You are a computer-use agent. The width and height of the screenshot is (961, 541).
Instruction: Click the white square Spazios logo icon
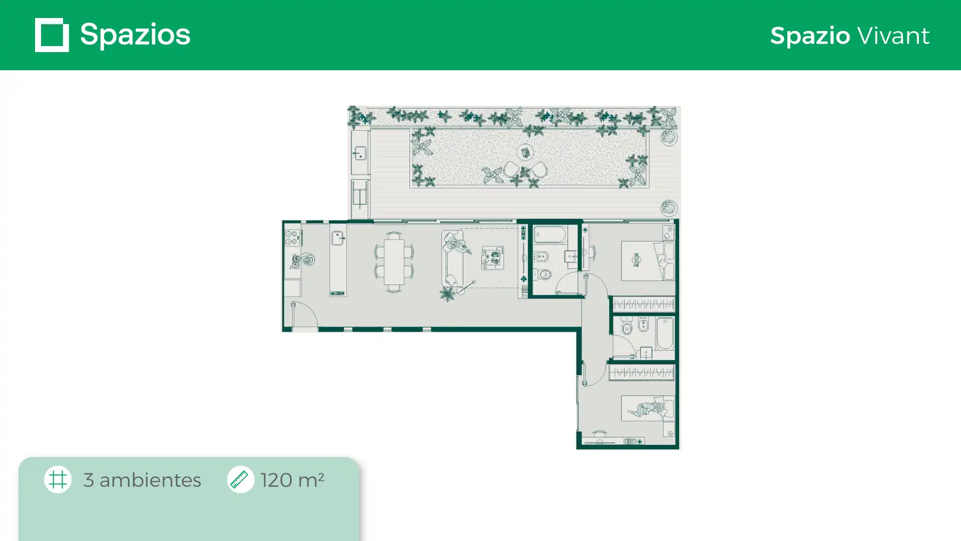point(52,35)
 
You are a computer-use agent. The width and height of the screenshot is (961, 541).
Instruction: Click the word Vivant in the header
point(893,36)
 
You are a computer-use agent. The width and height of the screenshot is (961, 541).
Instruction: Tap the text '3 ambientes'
point(142,480)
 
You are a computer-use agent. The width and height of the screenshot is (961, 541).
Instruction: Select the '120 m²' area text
point(292,480)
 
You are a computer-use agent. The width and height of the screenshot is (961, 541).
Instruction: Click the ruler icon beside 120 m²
point(240,479)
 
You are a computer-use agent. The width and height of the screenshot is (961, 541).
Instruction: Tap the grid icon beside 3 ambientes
point(58,479)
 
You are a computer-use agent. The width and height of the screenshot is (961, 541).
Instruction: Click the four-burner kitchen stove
point(292,237)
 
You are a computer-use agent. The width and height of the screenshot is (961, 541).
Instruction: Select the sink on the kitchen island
point(338,237)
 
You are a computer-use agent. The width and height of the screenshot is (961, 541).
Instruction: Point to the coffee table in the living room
point(493,258)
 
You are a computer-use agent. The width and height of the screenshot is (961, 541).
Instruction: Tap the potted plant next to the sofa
point(447,294)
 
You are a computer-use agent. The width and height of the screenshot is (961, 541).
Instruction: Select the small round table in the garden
point(525,152)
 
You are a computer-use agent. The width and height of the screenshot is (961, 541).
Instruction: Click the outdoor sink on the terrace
point(359,153)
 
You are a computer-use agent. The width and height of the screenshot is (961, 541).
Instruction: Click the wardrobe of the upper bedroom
point(644,304)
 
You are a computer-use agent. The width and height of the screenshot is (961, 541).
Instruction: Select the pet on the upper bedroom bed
point(636,259)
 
